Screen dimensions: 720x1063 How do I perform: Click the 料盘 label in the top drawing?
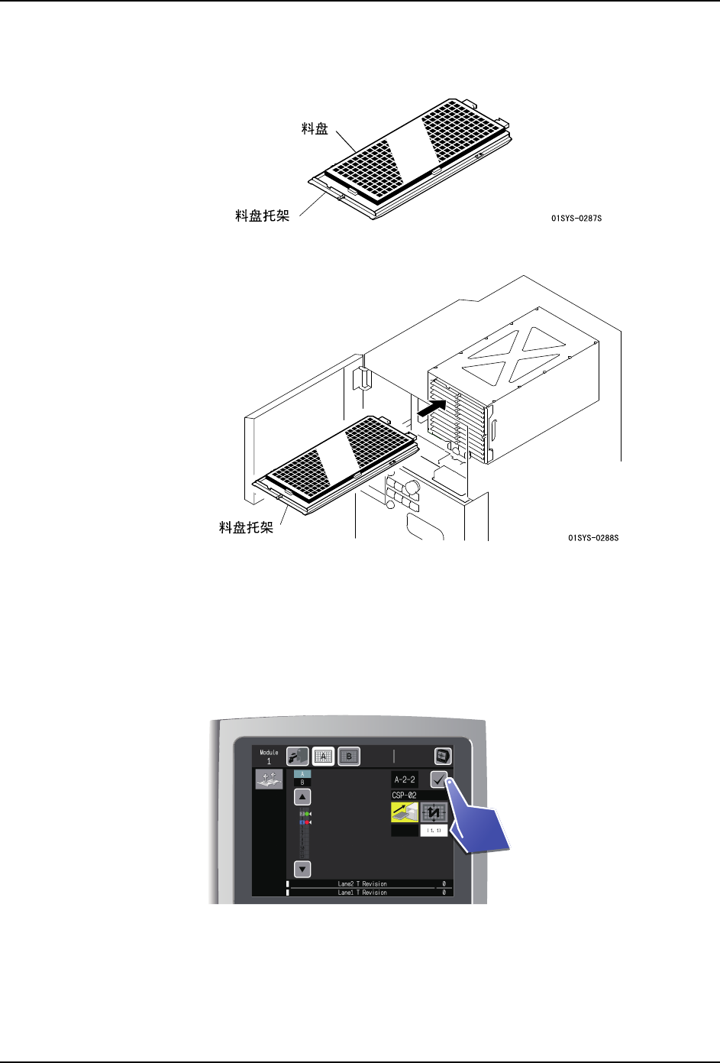315,128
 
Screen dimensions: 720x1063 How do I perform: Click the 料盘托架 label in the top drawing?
262,216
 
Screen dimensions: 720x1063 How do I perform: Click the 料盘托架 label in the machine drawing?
246,527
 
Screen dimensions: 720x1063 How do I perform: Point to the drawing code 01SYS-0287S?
576,219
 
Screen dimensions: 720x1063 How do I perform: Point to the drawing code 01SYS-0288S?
593,538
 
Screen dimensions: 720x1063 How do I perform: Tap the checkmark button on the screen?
439,780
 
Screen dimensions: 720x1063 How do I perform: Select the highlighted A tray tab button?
323,757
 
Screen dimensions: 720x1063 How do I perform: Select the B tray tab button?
349,757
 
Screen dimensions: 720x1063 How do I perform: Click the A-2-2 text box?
405,779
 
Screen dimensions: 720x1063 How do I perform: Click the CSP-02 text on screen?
405,796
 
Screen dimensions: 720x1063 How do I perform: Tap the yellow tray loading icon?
405,812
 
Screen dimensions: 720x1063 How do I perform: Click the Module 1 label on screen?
269,757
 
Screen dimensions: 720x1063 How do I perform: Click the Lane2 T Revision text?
362,883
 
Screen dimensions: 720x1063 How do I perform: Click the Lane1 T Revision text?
362,893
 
